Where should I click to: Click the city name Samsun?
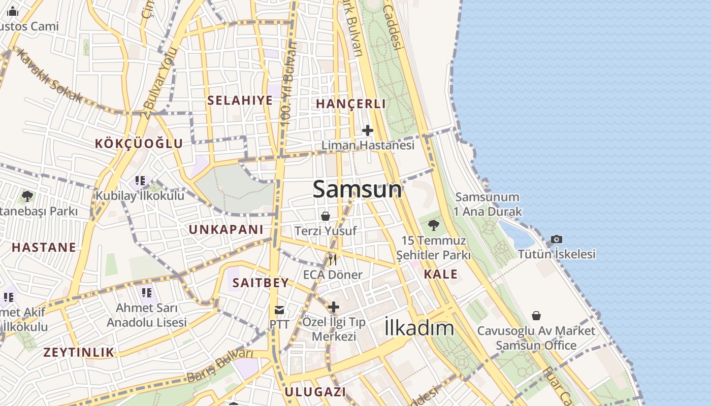tap(357, 189)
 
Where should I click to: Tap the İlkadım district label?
tap(419, 327)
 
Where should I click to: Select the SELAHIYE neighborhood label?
tap(240, 100)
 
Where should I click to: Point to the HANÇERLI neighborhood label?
tap(351, 104)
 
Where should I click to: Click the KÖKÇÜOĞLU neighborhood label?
tap(139, 144)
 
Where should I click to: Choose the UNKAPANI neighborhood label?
tap(226, 230)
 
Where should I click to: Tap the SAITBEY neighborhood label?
tap(261, 283)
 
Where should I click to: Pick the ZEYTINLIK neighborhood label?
tap(79, 352)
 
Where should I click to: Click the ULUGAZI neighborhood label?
tap(315, 392)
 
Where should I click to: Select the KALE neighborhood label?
tap(440, 275)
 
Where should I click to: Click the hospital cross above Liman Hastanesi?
tap(368, 130)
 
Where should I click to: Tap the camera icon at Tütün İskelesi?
tap(557, 239)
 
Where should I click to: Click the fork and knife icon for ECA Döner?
tap(333, 260)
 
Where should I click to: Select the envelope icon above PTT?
tap(279, 310)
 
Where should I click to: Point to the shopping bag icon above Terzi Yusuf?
tap(326, 216)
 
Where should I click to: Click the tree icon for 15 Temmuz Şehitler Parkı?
tap(433, 225)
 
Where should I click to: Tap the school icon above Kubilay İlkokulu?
tap(140, 180)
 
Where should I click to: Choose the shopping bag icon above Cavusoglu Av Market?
tap(536, 316)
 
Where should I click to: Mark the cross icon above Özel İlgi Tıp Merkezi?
tap(334, 307)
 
